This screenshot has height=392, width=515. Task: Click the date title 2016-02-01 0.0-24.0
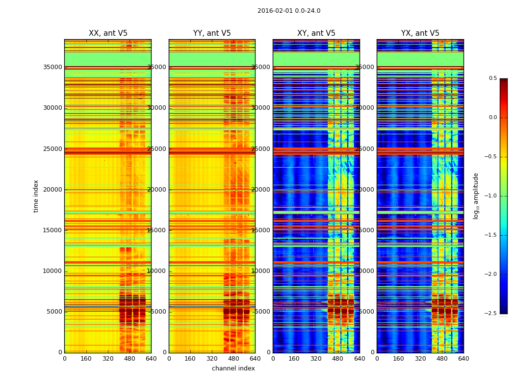click(x=289, y=11)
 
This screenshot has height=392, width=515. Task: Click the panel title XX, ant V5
click(x=108, y=33)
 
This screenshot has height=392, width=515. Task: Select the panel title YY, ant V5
click(x=212, y=33)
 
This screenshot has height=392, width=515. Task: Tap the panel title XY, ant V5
click(x=316, y=33)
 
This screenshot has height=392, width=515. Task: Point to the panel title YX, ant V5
click(x=420, y=33)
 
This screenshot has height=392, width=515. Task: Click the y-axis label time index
click(x=36, y=196)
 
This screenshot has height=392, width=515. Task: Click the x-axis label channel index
click(x=233, y=368)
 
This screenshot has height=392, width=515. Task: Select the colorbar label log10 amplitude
click(x=476, y=196)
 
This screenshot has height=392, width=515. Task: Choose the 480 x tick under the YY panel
click(x=233, y=359)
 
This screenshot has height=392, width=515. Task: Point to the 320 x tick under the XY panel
click(x=316, y=359)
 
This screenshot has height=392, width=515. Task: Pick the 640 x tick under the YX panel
click(x=463, y=359)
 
